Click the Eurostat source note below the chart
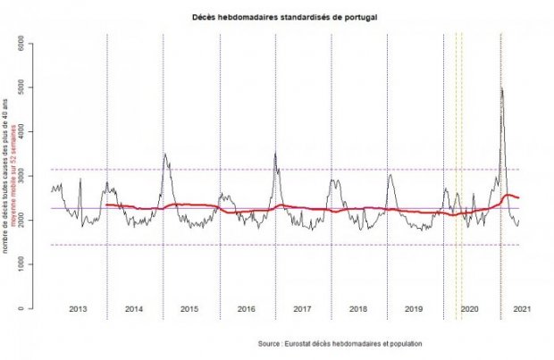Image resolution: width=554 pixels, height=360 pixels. click(x=339, y=344)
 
